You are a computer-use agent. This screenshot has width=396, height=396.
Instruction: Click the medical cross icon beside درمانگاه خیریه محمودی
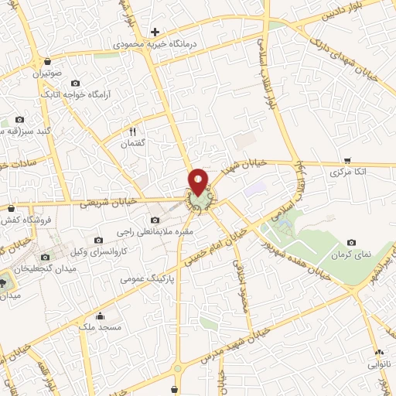(155, 32)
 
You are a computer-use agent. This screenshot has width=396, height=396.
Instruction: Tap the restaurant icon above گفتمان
(132, 131)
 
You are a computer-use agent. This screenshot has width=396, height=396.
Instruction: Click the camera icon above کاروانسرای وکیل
(97, 240)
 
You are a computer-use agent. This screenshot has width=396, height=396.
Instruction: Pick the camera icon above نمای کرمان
(352, 242)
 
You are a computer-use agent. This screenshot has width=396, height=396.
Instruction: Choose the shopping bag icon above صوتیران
(48, 61)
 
